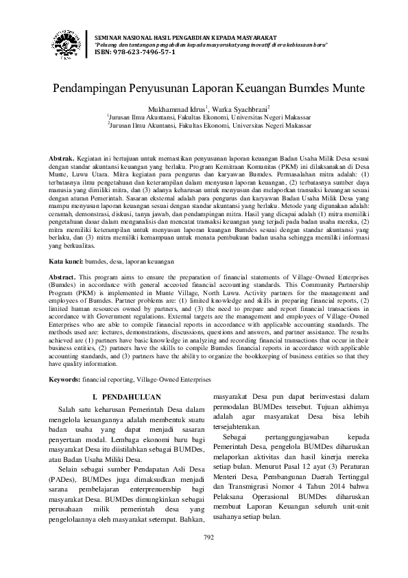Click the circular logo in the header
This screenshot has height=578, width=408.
pos(67,43)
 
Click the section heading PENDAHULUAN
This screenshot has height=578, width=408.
pos(130,397)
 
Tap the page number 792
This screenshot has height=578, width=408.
pos(208,556)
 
